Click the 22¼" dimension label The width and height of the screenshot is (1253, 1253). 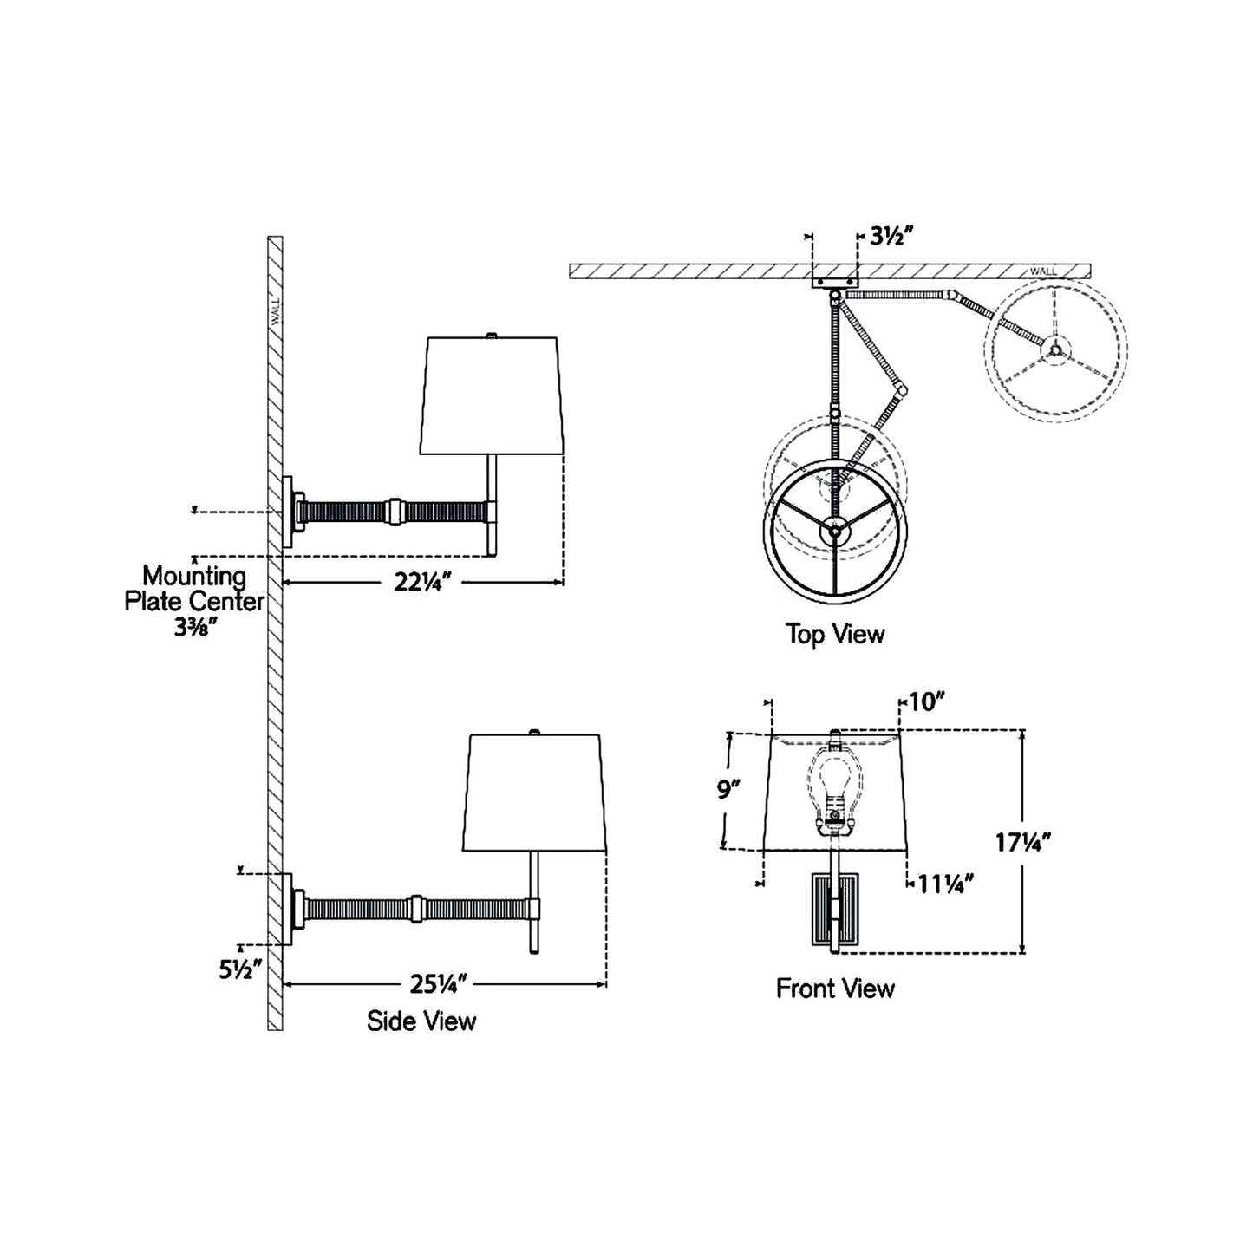[x=425, y=584]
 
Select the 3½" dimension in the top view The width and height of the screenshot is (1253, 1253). [x=891, y=236]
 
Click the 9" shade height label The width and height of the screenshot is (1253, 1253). [x=729, y=791]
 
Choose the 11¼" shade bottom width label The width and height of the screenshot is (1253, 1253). [x=945, y=884]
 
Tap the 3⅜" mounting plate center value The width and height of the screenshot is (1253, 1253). [x=194, y=629]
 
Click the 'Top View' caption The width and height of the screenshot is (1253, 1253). [x=835, y=634]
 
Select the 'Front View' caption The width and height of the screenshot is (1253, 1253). [x=835, y=989]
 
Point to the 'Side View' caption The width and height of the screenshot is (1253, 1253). [x=421, y=1021]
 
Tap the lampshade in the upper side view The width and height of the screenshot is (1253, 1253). [x=492, y=395]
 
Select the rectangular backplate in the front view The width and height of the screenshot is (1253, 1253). [x=834, y=910]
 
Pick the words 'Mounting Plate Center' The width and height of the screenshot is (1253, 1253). [x=194, y=588]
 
